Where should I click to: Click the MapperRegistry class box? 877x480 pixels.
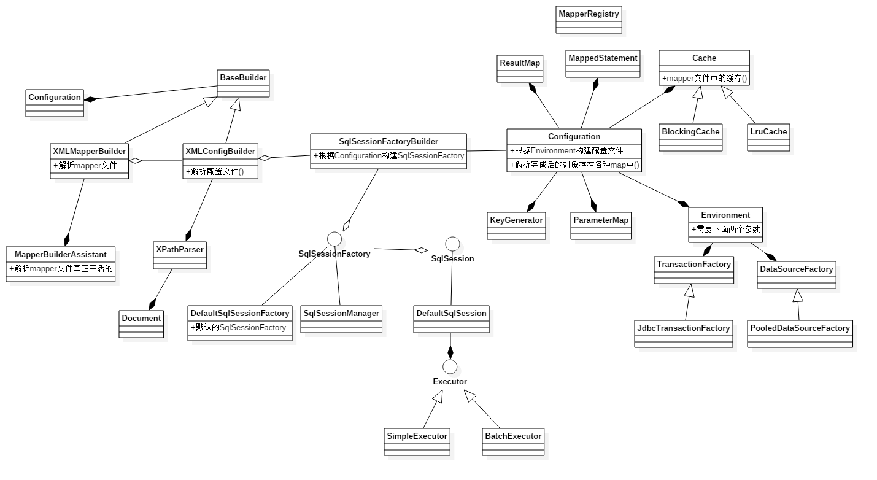click(589, 20)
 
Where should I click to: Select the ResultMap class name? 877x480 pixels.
click(520, 63)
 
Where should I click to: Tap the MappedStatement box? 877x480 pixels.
click(603, 64)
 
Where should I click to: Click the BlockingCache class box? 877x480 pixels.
click(690, 137)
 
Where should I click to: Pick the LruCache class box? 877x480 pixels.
click(768, 137)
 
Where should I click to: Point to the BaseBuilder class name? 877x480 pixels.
click(243, 77)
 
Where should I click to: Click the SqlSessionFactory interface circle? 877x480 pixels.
click(334, 239)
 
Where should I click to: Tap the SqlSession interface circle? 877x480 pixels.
click(452, 244)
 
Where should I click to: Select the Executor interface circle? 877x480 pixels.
click(449, 367)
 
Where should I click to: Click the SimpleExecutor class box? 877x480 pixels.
click(417, 441)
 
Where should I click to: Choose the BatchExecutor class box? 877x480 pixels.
click(513, 441)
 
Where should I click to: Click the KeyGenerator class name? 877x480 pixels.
click(516, 220)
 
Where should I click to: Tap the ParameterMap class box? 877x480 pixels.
click(601, 225)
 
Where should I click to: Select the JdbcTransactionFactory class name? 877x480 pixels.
click(683, 328)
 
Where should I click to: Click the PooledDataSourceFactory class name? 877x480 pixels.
click(800, 328)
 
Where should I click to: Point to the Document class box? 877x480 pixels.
click(141, 323)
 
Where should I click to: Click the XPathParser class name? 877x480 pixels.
click(180, 249)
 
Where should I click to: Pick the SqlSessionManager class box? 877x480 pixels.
click(341, 319)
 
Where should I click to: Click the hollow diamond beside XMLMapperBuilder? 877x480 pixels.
click(136, 161)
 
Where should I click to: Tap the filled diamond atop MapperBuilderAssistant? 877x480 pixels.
click(67, 239)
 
